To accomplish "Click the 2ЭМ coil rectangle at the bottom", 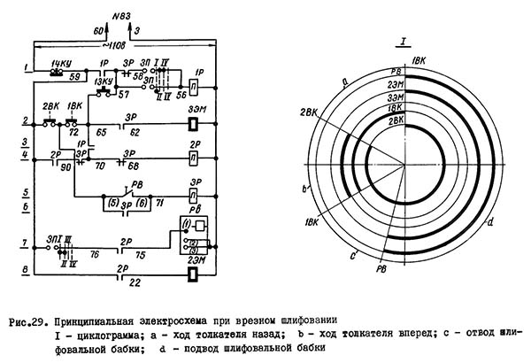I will (192, 272).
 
